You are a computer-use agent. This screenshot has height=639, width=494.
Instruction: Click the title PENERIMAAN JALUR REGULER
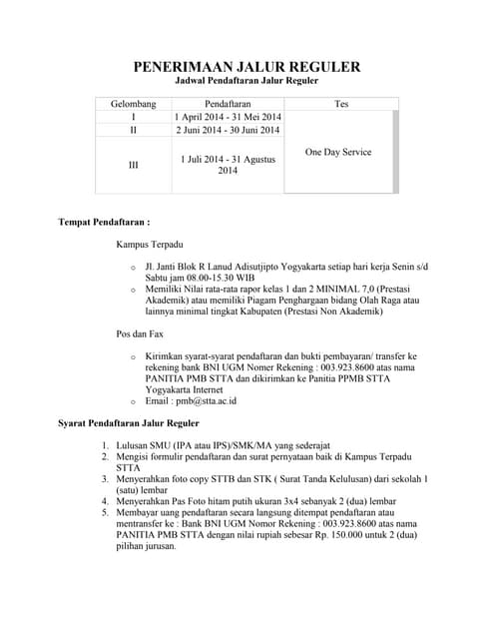pos(247,67)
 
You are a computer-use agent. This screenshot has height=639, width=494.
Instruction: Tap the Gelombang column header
pos(133,104)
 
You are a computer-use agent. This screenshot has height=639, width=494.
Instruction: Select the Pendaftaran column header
pos(228,104)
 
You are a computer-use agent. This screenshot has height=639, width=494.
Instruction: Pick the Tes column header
pos(341,104)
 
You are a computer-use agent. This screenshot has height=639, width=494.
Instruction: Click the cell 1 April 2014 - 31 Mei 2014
pos(228,117)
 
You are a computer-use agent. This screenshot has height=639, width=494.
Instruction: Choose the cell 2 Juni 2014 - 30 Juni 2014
pos(228,130)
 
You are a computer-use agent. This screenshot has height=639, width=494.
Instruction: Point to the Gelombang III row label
pos(133,165)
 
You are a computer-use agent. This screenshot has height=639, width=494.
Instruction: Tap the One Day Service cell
pos(337,152)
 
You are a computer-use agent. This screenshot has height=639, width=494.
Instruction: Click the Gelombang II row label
pos(133,130)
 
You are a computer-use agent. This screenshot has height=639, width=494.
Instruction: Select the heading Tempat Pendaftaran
pos(104,218)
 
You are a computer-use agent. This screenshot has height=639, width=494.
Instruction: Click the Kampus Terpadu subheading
pos(149,244)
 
